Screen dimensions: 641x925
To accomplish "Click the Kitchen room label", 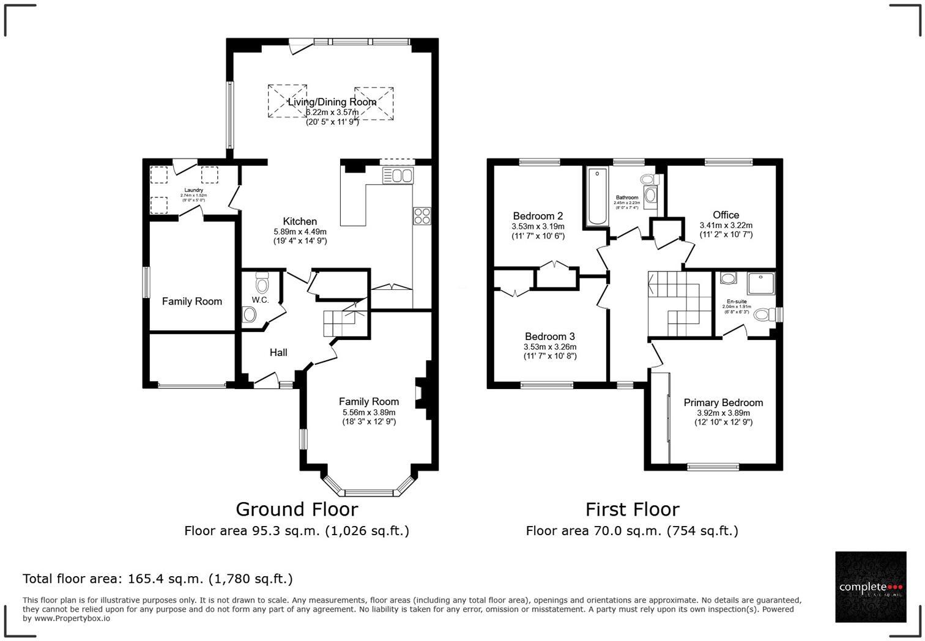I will [300, 221].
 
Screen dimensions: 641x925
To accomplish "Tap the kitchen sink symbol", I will [398, 176].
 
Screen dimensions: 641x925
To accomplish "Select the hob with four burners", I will [422, 216].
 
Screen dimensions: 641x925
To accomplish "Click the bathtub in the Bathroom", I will [595, 197].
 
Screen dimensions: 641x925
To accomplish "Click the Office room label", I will [726, 215].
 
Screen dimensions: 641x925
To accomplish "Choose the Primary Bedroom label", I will [723, 402].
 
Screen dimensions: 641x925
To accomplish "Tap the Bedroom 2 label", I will [538, 216].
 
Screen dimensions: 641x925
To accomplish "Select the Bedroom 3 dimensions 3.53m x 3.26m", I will [550, 347].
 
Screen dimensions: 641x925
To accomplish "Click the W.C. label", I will [260, 300].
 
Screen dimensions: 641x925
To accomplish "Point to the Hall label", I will [278, 352].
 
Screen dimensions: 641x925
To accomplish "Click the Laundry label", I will [193, 190].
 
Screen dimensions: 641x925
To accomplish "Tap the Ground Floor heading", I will [297, 509].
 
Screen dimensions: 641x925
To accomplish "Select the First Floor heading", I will [632, 509].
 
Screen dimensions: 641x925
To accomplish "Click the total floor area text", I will [158, 579].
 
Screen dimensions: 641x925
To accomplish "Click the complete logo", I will [871, 587].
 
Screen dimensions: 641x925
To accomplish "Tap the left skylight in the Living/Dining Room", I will [287, 101].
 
